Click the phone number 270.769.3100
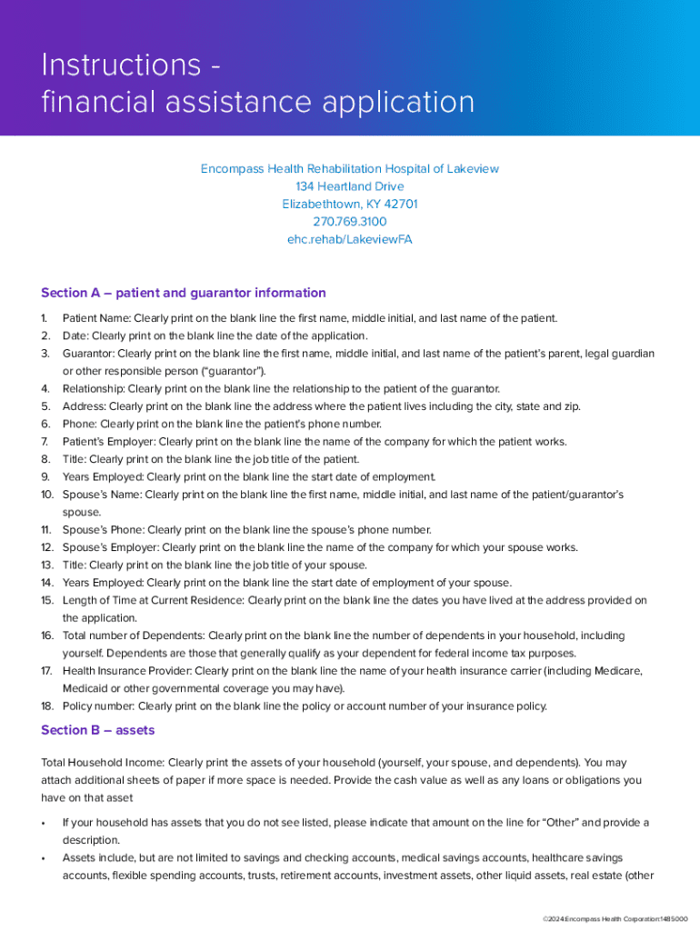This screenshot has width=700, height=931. [349, 222]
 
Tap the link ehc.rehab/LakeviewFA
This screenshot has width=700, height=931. [349, 240]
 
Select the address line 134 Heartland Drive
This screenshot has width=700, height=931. [349, 186]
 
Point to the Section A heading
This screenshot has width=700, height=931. [183, 293]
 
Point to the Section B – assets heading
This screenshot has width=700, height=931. [97, 730]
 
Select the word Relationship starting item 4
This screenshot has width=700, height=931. [94, 389]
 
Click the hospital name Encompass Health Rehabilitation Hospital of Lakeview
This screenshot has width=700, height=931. [349, 169]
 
